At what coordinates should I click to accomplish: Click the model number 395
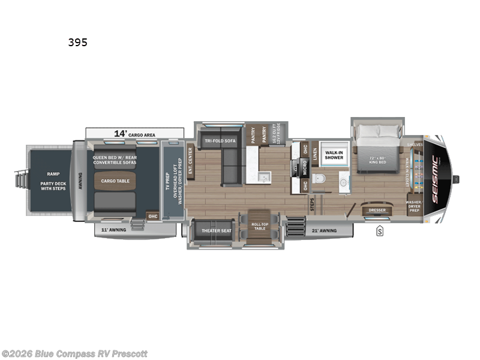77,43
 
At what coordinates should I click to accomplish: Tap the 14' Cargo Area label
134,134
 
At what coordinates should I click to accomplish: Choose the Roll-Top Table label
259,226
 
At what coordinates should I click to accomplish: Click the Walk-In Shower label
334,155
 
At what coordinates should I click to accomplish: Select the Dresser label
377,210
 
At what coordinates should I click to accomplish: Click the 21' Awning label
325,230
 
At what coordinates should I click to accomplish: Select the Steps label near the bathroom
311,205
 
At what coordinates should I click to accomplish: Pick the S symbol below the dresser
380,230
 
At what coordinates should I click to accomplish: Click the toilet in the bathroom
319,178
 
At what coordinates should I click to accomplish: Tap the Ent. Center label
190,161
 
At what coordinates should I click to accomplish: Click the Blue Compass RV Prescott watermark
74,354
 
